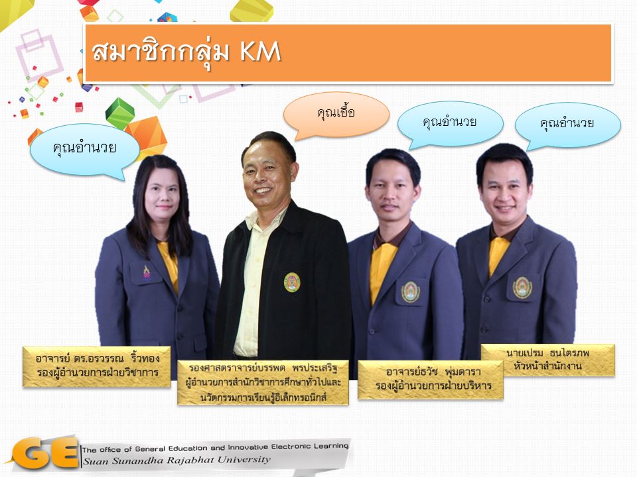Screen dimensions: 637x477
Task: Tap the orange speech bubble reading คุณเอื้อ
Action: [x=336, y=114]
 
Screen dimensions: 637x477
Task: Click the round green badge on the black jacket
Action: [x=292, y=282]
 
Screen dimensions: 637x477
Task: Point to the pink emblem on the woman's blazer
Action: [x=147, y=272]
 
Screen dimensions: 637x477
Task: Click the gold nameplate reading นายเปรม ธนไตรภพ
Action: [x=547, y=360]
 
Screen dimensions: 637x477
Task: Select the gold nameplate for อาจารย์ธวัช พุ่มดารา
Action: [x=430, y=380]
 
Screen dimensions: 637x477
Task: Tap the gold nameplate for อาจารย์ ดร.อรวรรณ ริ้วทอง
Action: [x=97, y=366]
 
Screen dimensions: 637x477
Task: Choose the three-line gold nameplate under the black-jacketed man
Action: [x=263, y=382]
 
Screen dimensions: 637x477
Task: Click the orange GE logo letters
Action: [x=46, y=453]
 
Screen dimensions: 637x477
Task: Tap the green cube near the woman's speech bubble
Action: [x=120, y=113]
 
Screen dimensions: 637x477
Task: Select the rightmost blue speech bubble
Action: [x=567, y=125]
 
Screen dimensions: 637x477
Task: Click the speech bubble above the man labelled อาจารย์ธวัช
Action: [x=450, y=124]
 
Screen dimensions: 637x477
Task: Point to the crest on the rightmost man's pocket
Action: [x=522, y=288]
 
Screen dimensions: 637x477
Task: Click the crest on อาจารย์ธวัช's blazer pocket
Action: [x=410, y=291]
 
